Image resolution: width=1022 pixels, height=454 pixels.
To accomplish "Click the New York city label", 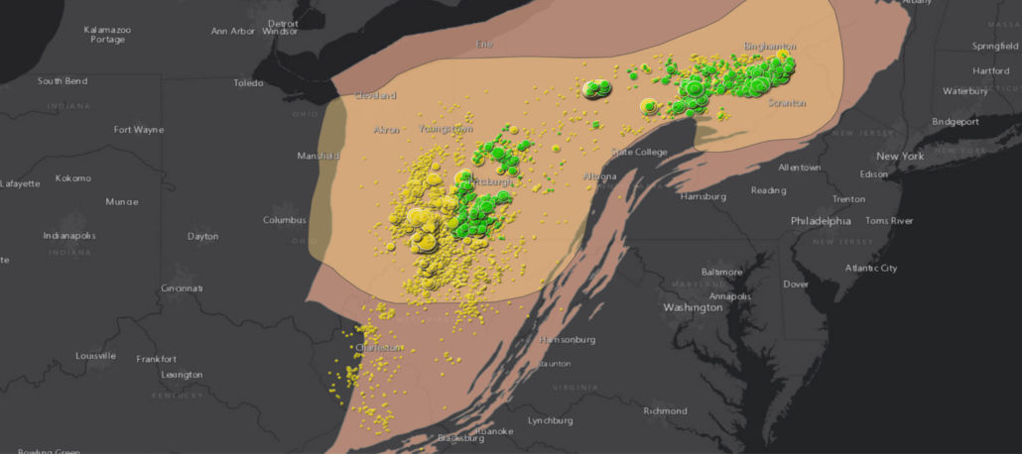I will click(899, 157).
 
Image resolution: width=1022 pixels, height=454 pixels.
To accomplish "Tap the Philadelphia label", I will click(823, 220).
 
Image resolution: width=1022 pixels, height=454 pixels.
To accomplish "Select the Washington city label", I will click(693, 307).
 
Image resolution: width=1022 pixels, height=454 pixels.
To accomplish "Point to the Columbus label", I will click(284, 220).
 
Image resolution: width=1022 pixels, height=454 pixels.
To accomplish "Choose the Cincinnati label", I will click(182, 288).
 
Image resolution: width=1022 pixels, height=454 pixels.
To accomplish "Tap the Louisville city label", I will click(95, 356).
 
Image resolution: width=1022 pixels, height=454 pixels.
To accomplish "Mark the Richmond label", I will click(665, 411).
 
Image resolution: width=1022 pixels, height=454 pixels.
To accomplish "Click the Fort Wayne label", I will click(139, 130).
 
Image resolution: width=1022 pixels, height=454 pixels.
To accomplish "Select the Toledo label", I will click(248, 83).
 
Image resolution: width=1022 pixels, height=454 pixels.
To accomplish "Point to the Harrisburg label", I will click(703, 196).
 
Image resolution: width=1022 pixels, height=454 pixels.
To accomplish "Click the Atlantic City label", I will click(870, 269).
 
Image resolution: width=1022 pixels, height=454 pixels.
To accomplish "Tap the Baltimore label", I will click(721, 272).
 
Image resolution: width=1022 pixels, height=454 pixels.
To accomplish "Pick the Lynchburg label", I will click(551, 420).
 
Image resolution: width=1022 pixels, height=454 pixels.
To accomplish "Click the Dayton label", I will click(202, 236).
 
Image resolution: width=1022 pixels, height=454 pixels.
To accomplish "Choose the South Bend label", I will click(63, 81).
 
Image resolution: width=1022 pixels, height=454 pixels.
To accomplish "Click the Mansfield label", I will click(319, 157).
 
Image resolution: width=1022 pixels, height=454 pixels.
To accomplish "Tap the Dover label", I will click(796, 284).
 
